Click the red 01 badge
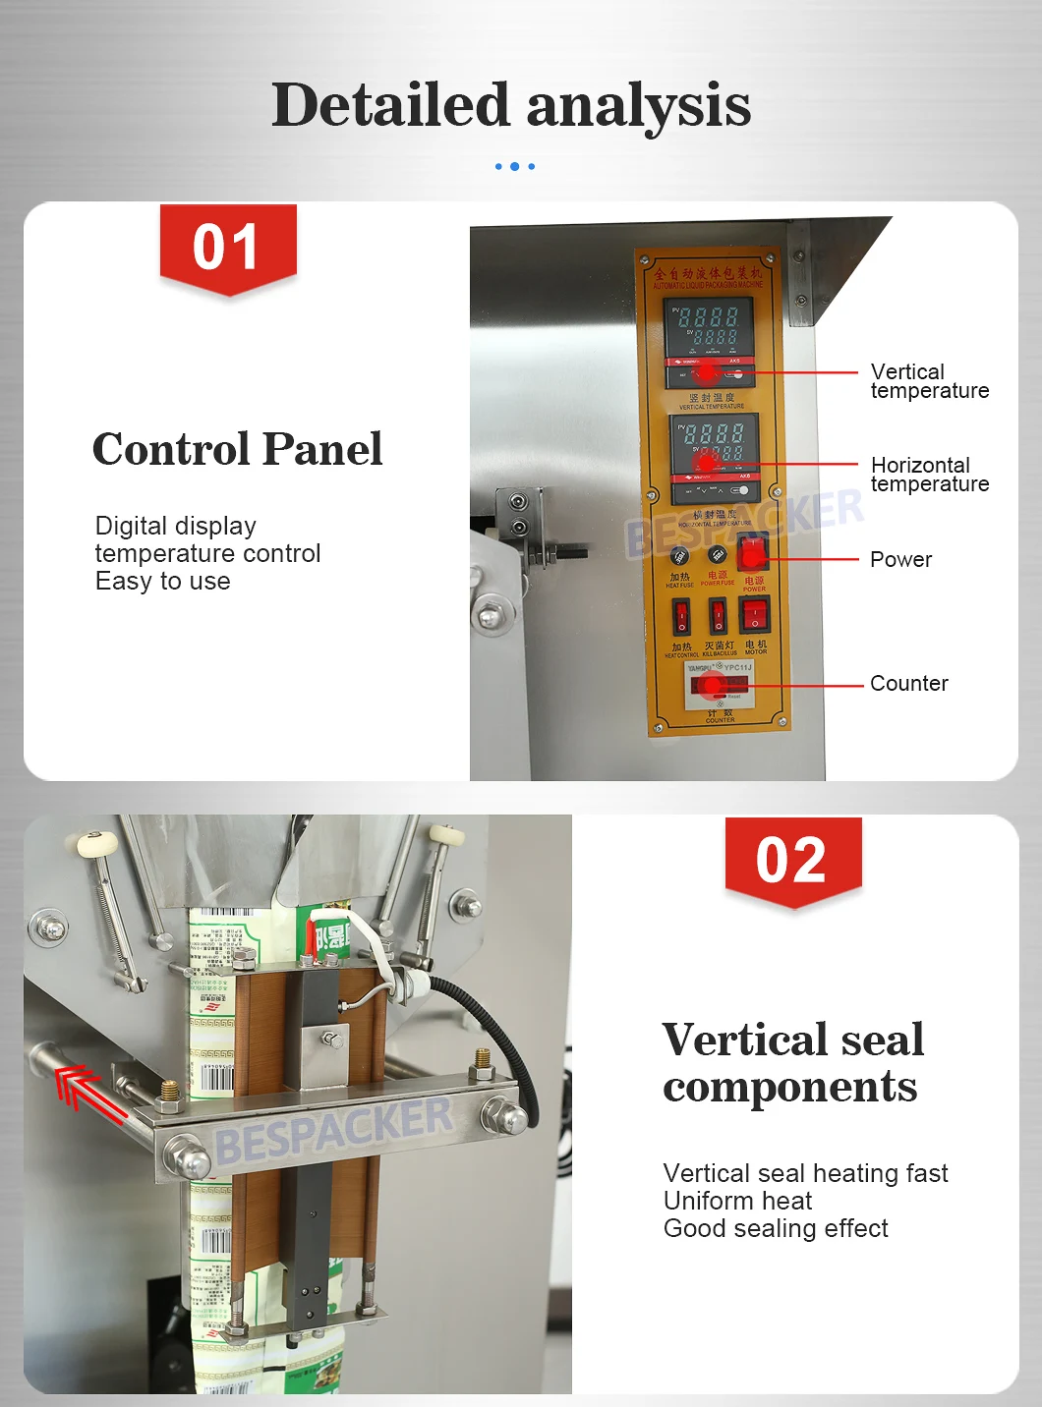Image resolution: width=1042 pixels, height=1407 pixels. pos(228,248)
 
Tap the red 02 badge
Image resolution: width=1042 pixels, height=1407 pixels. pos(792,861)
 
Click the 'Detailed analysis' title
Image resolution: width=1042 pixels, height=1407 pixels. pos(511,105)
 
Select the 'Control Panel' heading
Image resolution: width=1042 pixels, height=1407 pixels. pos(237,449)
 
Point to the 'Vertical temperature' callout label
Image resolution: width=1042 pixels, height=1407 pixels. pos(929,381)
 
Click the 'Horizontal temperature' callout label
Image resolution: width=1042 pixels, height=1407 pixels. pos(929,475)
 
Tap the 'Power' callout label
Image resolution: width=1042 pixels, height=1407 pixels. pos(900,560)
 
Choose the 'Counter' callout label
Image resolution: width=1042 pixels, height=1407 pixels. pos(908,684)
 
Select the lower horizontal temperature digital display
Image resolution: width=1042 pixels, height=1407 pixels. pos(714,442)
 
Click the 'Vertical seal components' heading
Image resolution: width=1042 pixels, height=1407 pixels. pos(792,1063)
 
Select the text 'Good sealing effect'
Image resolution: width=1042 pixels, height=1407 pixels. pos(776,1229)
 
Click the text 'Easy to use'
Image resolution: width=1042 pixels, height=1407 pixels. pos(163,582)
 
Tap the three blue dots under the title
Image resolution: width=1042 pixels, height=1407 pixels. pos(515,167)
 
